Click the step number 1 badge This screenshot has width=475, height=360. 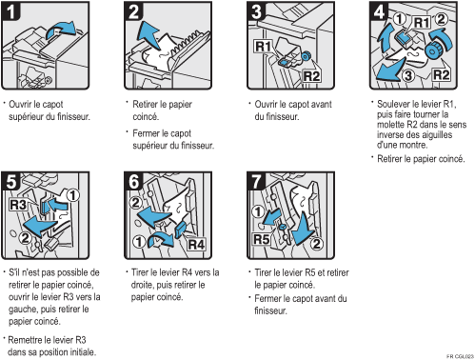click(x=10, y=10)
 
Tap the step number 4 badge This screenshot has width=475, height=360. click(x=379, y=10)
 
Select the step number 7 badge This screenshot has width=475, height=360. click(x=256, y=181)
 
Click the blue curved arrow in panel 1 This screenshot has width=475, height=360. click(x=62, y=30)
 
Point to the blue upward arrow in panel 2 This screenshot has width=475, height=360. click(x=148, y=34)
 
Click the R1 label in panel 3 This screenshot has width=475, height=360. click(x=263, y=47)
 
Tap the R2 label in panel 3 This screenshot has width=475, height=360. click(x=311, y=76)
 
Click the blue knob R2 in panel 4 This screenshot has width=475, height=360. click(x=433, y=50)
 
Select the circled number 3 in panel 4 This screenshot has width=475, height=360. click(x=408, y=75)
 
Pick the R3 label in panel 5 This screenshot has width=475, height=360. click(x=18, y=205)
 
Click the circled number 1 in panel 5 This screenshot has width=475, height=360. click(x=73, y=195)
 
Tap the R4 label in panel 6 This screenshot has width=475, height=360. click(x=196, y=245)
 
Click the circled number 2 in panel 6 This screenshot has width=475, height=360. click(x=135, y=203)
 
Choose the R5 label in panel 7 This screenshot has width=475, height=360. click(x=262, y=239)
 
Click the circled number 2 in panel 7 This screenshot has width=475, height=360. click(x=317, y=244)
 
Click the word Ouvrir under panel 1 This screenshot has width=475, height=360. click(x=20, y=104)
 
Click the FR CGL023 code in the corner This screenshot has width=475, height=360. click(x=460, y=356)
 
